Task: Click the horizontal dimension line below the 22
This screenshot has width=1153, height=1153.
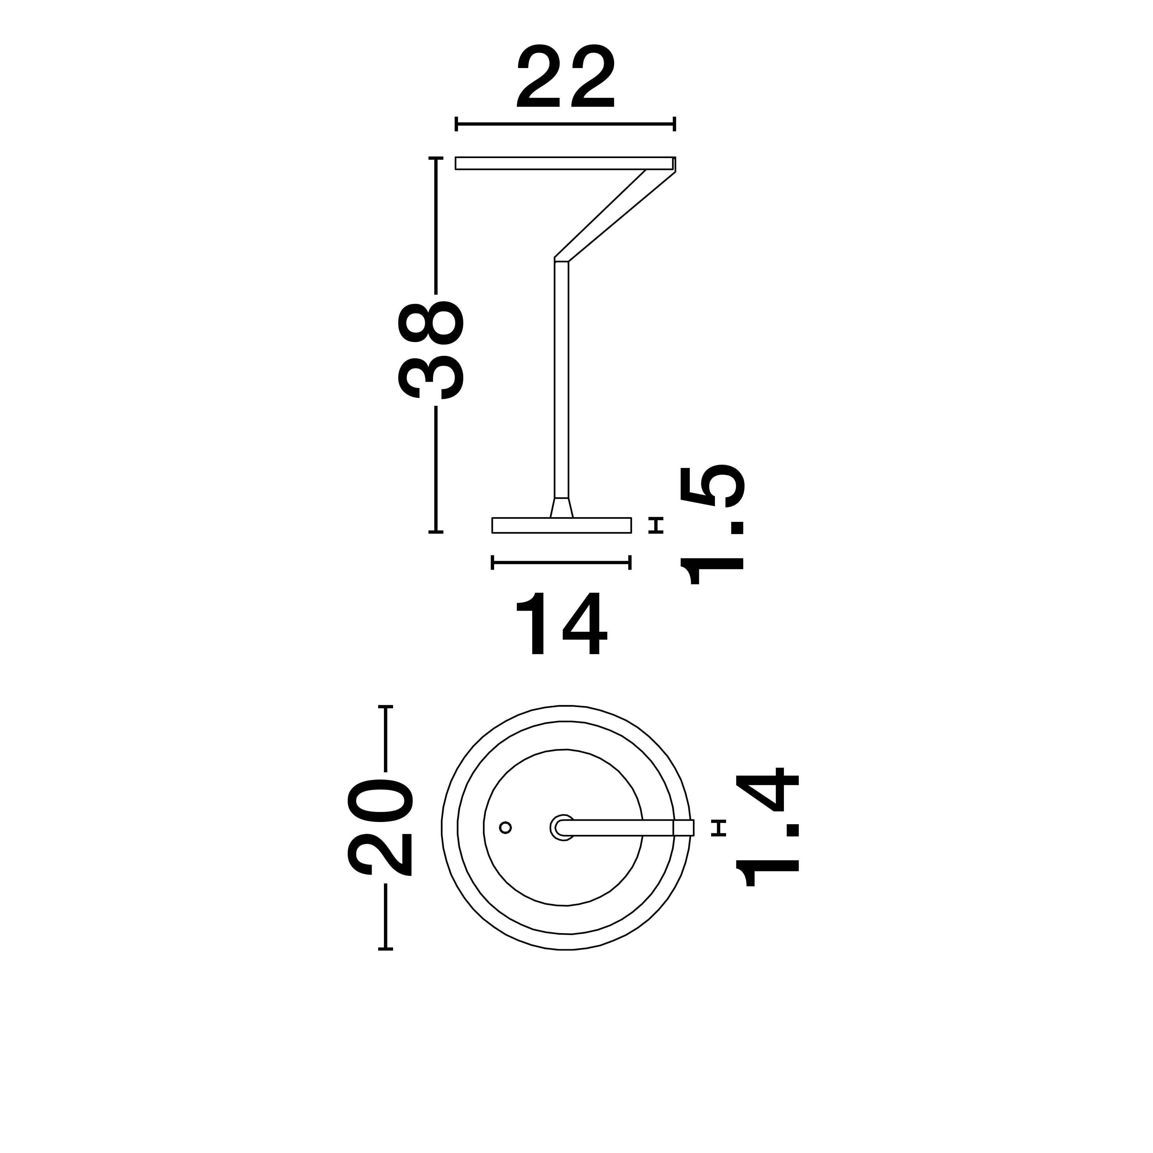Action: pos(565,124)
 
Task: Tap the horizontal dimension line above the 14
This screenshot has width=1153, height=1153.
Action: pos(561,562)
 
